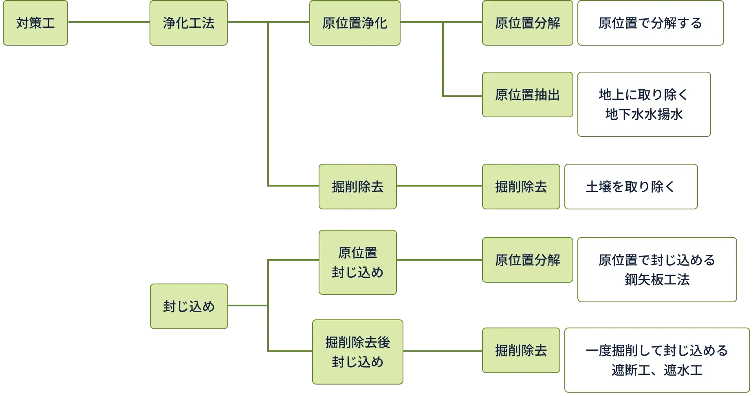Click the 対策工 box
(35, 23)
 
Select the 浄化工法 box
(189, 23)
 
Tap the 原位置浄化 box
(354, 23)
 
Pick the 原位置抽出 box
(527, 95)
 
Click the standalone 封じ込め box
(189, 306)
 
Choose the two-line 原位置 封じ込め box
(357, 262)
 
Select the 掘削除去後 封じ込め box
(357, 352)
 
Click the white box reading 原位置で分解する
(650, 23)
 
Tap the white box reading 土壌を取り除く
(630, 187)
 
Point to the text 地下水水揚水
(644, 114)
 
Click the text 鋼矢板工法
(657, 280)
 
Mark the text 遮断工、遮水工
(657, 370)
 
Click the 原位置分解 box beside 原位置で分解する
(527, 23)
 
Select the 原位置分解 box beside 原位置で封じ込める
(527, 260)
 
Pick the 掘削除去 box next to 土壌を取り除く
(521, 187)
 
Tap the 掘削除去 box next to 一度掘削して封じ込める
(521, 350)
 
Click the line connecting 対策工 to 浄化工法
(108, 21)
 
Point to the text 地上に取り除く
(644, 95)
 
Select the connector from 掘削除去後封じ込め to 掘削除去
(442, 350)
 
